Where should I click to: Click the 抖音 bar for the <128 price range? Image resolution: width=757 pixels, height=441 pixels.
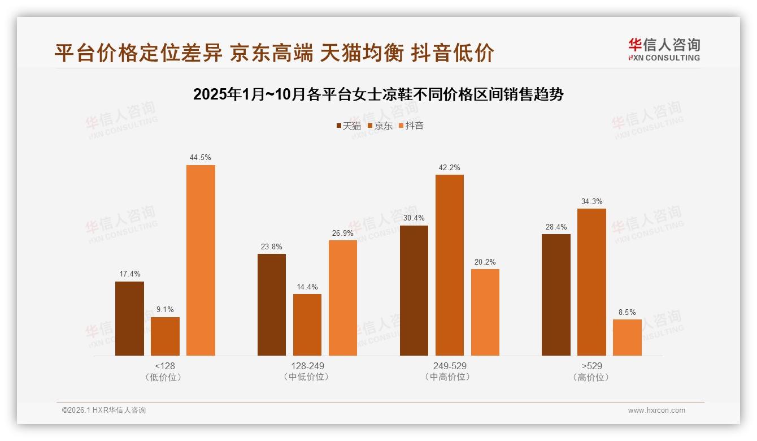pos(201,260)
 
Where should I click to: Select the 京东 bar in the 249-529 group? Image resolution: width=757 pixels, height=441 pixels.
pos(450,265)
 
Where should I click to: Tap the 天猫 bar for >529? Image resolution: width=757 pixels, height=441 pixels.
pos(556,295)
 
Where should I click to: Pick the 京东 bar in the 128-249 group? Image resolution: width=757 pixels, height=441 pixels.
pos(307,325)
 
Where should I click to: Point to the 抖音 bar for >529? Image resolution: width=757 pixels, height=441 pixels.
pos(627,338)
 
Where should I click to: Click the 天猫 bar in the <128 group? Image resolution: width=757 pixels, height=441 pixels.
pos(129,318)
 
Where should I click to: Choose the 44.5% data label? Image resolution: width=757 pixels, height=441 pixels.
pos(201,158)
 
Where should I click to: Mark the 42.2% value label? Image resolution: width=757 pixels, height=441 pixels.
pos(450,167)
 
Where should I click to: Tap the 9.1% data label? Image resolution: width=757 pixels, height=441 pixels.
pos(165,309)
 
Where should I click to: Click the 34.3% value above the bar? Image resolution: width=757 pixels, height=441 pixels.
pos(591,201)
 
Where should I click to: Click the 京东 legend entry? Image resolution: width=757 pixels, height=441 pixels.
pos(380,126)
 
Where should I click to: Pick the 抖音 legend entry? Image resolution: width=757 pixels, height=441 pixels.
pos(411,126)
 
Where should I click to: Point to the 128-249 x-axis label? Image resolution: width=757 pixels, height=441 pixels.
pos(307,366)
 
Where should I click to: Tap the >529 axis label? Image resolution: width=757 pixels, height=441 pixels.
pos(591,366)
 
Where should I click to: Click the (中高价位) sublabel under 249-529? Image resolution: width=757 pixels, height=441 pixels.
pos(449,377)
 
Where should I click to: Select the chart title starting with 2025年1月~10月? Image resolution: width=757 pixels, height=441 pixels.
pos(378,94)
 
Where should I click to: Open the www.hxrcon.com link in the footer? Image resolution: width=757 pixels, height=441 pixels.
pos(656,410)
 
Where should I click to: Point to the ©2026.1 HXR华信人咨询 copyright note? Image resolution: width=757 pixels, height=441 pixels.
pos(104,410)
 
